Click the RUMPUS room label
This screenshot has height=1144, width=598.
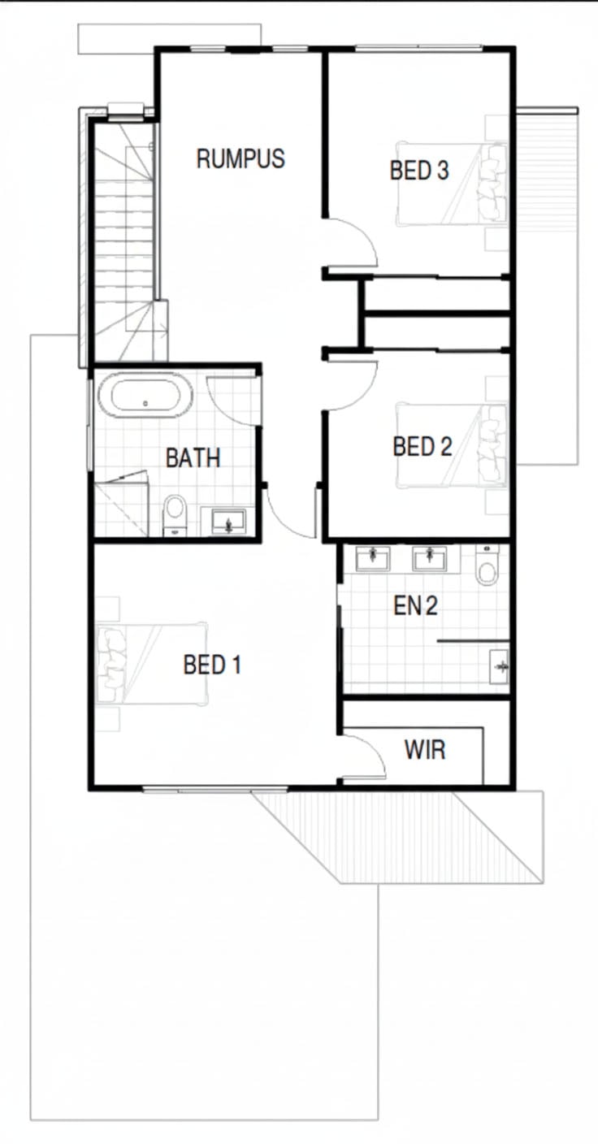click(x=240, y=158)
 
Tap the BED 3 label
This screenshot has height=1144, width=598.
click(x=419, y=170)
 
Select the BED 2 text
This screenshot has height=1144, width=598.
click(x=422, y=446)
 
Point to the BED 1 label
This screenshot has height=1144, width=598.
click(x=212, y=665)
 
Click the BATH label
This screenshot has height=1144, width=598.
click(x=193, y=457)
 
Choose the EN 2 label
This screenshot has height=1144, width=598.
click(x=415, y=606)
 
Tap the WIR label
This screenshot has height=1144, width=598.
click(x=425, y=750)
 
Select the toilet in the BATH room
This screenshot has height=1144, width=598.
click(x=175, y=515)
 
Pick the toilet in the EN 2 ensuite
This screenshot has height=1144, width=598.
click(x=486, y=565)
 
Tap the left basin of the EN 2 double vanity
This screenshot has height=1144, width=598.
click(x=373, y=558)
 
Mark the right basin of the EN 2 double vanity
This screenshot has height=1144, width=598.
click(x=430, y=558)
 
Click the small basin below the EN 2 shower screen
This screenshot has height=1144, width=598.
click(x=499, y=666)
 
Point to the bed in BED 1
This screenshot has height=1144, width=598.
click(x=152, y=664)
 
